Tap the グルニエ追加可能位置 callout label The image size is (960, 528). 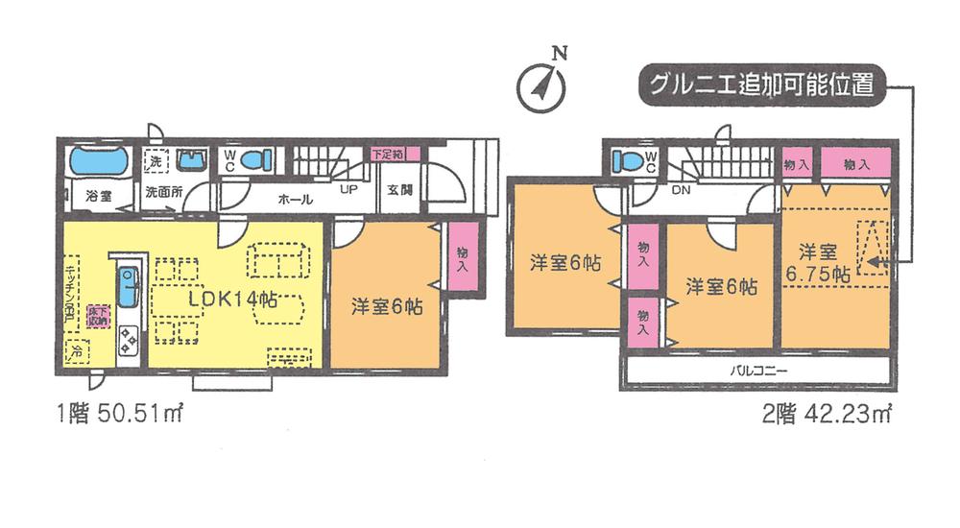758,84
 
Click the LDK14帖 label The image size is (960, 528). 233,298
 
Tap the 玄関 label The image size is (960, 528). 399,189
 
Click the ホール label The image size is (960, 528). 293,200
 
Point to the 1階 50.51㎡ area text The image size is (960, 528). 119,415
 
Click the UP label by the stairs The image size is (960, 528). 349,189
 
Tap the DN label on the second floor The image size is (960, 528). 680,189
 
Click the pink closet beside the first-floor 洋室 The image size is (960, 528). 463,257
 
